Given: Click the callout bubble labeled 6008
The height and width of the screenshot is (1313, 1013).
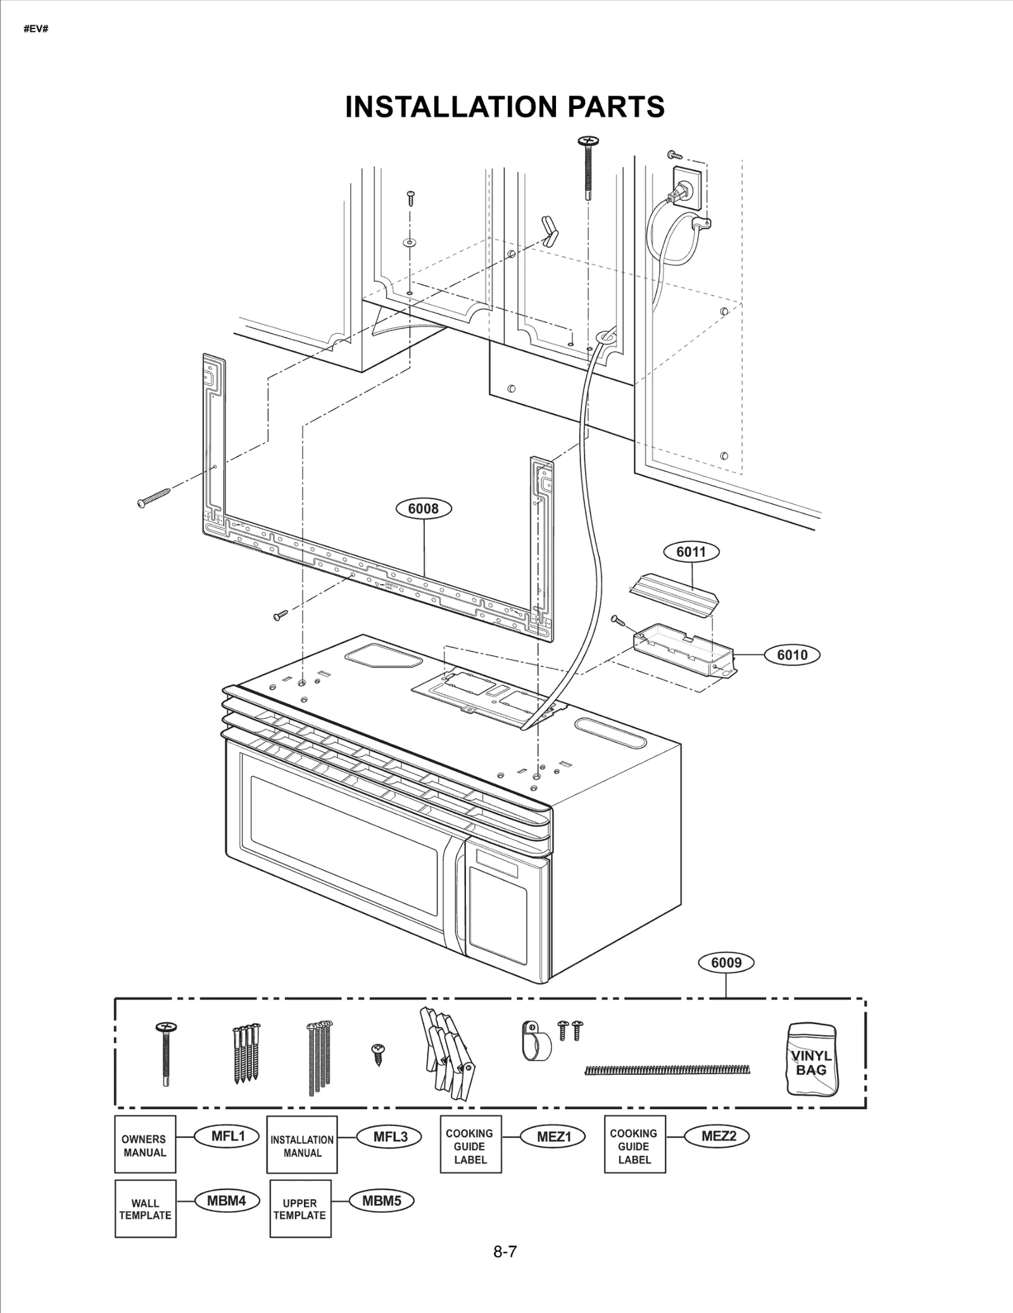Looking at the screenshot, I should (x=423, y=509).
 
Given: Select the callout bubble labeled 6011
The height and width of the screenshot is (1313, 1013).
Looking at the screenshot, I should (x=691, y=552).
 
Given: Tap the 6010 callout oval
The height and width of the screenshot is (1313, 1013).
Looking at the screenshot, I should (x=791, y=655).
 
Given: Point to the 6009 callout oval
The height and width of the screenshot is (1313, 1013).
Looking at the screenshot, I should (x=726, y=963).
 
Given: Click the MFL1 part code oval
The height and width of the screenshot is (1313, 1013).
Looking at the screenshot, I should (x=228, y=1136).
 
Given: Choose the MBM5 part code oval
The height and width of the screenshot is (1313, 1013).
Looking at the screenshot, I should (x=382, y=1201).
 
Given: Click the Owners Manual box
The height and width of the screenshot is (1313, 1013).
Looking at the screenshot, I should (x=145, y=1145).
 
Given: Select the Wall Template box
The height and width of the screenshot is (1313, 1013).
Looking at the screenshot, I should (x=145, y=1209).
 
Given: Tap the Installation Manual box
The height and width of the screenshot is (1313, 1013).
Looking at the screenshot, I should (x=302, y=1145).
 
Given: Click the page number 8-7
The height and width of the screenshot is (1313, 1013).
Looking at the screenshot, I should (x=505, y=1252).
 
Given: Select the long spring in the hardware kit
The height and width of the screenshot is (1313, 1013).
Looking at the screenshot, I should (x=668, y=1070).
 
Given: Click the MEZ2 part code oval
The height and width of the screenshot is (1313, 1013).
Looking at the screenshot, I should (x=719, y=1136).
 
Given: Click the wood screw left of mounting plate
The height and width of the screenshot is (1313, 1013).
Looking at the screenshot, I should (x=154, y=497).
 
